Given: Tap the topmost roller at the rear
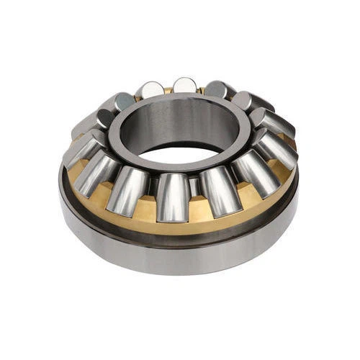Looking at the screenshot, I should [x=185, y=85].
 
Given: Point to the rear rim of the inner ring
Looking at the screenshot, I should [x=180, y=96].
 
